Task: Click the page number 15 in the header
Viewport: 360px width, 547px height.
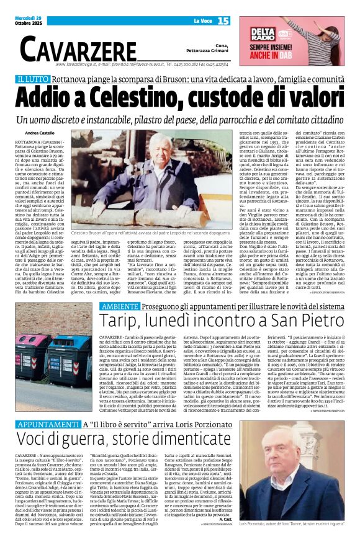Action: (x=223, y=20)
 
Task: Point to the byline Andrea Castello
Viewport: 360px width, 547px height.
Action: (x=40, y=133)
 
